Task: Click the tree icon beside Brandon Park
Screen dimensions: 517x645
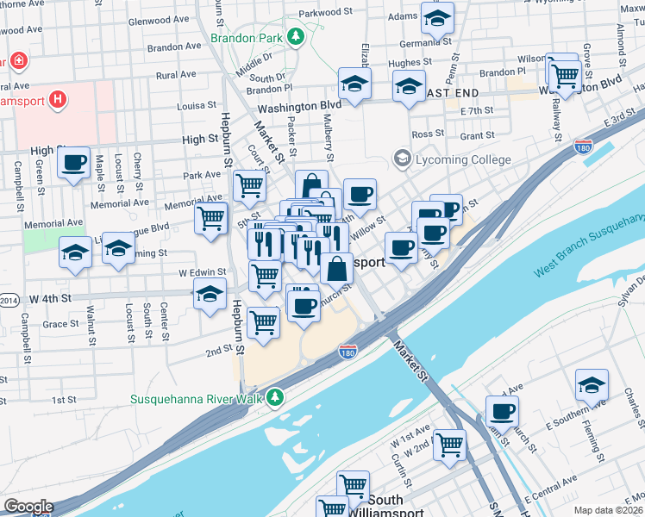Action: pos(296,36)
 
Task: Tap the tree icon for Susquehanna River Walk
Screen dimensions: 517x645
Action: pos(274,397)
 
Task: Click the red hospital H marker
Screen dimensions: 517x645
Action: pos(57,100)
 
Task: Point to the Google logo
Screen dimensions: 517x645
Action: pos(28,507)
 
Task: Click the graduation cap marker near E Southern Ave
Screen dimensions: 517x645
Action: pos(592,385)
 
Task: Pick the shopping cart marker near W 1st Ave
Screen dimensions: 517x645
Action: pos(449,445)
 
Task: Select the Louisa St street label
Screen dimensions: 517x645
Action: pos(195,106)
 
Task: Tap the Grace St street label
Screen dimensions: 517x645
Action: pos(60,325)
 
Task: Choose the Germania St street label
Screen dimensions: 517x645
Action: pos(427,42)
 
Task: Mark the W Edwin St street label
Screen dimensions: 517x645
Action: pos(202,272)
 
